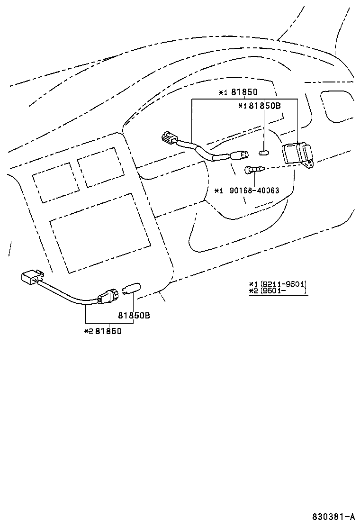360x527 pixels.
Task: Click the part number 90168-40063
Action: click(254, 191)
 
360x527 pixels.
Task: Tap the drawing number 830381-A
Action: click(333, 517)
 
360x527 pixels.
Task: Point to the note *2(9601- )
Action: click(278, 291)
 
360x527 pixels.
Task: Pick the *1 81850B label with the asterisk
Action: click(260, 106)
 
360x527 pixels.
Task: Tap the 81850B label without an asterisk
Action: click(134, 315)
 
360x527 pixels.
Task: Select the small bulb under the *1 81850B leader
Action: click(264, 152)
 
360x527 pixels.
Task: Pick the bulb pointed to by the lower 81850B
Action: click(129, 288)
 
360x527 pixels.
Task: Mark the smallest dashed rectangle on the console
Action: click(55, 182)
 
